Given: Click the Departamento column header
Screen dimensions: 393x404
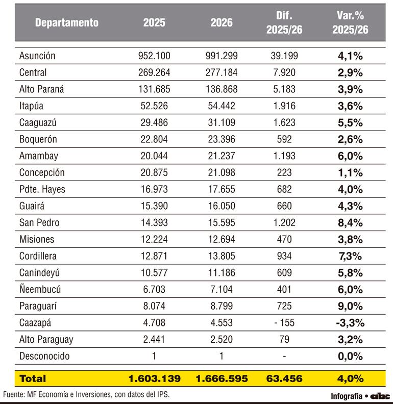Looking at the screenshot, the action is (x=67, y=22).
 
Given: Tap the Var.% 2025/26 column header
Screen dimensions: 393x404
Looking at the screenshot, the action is (x=350, y=22).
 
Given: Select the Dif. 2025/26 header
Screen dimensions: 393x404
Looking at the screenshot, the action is (x=284, y=22).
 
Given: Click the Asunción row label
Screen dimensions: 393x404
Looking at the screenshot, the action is (x=37, y=56).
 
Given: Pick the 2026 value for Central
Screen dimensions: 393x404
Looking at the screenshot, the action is (x=222, y=72).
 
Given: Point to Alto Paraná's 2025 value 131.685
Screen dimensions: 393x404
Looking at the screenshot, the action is (x=154, y=89).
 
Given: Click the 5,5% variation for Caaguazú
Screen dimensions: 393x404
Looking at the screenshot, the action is (x=350, y=122).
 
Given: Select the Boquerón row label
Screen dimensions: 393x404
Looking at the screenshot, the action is (x=38, y=139).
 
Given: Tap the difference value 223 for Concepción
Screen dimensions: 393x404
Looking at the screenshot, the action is (x=284, y=172).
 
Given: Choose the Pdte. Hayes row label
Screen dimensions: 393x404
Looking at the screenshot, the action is (x=42, y=189).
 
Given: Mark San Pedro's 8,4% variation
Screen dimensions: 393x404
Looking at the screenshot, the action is (x=350, y=222).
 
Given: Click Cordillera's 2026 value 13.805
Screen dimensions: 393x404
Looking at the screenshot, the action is (x=222, y=256).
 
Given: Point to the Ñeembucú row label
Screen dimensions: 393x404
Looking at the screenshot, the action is (x=40, y=289).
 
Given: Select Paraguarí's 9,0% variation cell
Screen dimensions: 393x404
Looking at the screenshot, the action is (x=350, y=306).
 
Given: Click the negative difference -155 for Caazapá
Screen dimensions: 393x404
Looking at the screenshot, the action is (x=284, y=322).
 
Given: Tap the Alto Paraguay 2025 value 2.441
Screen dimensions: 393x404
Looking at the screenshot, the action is (x=154, y=339).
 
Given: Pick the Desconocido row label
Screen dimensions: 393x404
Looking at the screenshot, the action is (x=44, y=356).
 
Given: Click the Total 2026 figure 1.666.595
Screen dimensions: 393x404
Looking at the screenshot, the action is (x=222, y=378).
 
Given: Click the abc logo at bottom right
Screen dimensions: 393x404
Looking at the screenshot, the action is (x=380, y=396).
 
